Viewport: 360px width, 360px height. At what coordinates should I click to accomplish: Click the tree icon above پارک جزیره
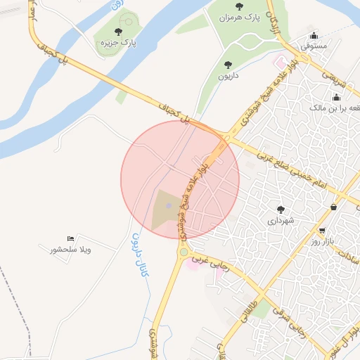tap(117, 32)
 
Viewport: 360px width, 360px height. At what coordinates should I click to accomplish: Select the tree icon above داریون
tap(228, 65)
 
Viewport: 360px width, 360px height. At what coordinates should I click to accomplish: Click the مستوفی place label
tap(314, 46)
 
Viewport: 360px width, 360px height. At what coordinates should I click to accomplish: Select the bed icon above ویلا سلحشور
tap(70, 239)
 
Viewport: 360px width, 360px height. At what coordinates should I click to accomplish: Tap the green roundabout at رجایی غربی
tap(184, 252)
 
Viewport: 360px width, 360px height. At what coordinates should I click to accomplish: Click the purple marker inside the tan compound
tap(168, 205)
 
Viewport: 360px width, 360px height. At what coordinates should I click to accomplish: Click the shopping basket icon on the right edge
tap(333, 207)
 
